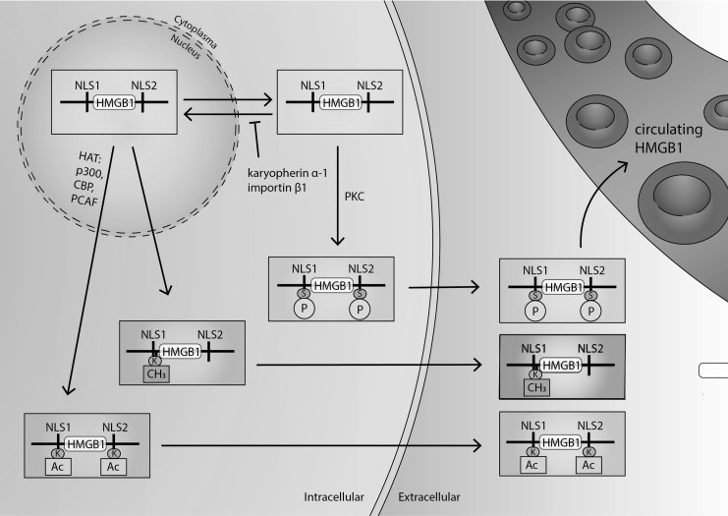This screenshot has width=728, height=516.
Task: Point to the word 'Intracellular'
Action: coord(333,497)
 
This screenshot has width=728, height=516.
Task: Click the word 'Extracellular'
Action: coord(430,497)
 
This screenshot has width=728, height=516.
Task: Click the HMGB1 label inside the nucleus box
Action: coord(119,101)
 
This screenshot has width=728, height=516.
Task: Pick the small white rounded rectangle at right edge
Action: coord(712,371)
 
